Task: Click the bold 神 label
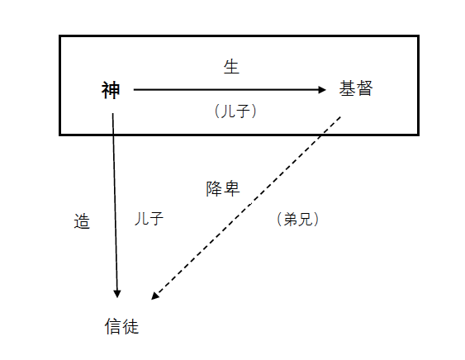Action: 111,90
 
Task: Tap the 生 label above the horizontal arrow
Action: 231,67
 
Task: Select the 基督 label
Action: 356,88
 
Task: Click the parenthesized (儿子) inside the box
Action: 235,111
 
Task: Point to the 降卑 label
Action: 223,189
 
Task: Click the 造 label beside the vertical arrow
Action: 82,221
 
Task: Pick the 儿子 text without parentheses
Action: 149,219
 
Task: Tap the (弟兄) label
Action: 297,220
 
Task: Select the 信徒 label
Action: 122,327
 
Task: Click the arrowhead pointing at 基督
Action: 322,89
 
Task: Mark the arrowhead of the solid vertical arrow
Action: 117,294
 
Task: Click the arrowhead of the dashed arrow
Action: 154,296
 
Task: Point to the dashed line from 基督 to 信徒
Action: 246,208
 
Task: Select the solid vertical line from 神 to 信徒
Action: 115,206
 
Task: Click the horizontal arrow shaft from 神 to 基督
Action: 230,89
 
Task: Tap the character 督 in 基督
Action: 365,88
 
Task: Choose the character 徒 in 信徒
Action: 130,327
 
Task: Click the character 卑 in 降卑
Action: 231,189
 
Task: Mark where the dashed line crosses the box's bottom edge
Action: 321,135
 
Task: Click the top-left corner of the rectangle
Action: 60,36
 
